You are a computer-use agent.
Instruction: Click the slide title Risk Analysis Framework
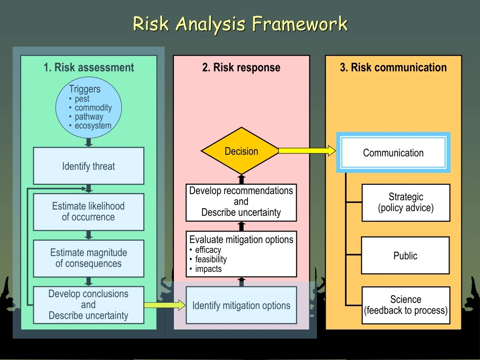pyautogui.click(x=240, y=23)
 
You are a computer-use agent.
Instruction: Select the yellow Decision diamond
pyautogui.click(x=241, y=151)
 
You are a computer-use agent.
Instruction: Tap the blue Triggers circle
pyautogui.click(x=89, y=108)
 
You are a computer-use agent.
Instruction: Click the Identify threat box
pyautogui.click(x=89, y=166)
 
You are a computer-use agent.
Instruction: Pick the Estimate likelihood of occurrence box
pyautogui.click(x=89, y=211)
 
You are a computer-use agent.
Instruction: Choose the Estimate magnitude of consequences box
pyautogui.click(x=89, y=258)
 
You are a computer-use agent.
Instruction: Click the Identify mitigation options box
pyautogui.click(x=241, y=306)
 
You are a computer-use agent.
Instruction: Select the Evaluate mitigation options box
pyautogui.click(x=241, y=254)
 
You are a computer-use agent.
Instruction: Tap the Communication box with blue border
pyautogui.click(x=393, y=153)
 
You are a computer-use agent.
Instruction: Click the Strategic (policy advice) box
pyautogui.click(x=405, y=202)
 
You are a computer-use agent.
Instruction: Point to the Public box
pyautogui.click(x=405, y=255)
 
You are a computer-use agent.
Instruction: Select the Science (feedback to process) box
pyautogui.click(x=405, y=305)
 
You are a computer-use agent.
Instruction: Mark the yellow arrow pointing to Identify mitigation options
pyautogui.click(x=165, y=305)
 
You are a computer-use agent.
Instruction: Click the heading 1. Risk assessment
pyautogui.click(x=89, y=67)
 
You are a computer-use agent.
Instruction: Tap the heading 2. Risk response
pyautogui.click(x=241, y=67)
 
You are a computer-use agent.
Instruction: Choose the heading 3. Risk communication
pyautogui.click(x=393, y=67)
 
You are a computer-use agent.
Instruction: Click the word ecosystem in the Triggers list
pyautogui.click(x=93, y=126)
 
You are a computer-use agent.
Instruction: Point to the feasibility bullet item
pyautogui.click(x=210, y=259)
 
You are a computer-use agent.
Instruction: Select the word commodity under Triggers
pyautogui.click(x=93, y=108)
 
